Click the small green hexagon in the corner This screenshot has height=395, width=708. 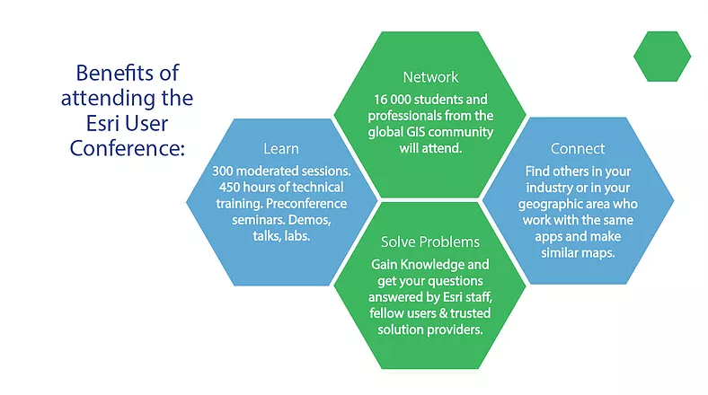[662, 56]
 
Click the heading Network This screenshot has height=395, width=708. [430, 76]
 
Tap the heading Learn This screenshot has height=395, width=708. [280, 147]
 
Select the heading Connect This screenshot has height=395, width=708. [578, 147]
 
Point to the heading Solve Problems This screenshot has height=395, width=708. [430, 242]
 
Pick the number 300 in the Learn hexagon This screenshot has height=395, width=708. [226, 171]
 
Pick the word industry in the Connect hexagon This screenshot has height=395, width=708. [544, 187]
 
